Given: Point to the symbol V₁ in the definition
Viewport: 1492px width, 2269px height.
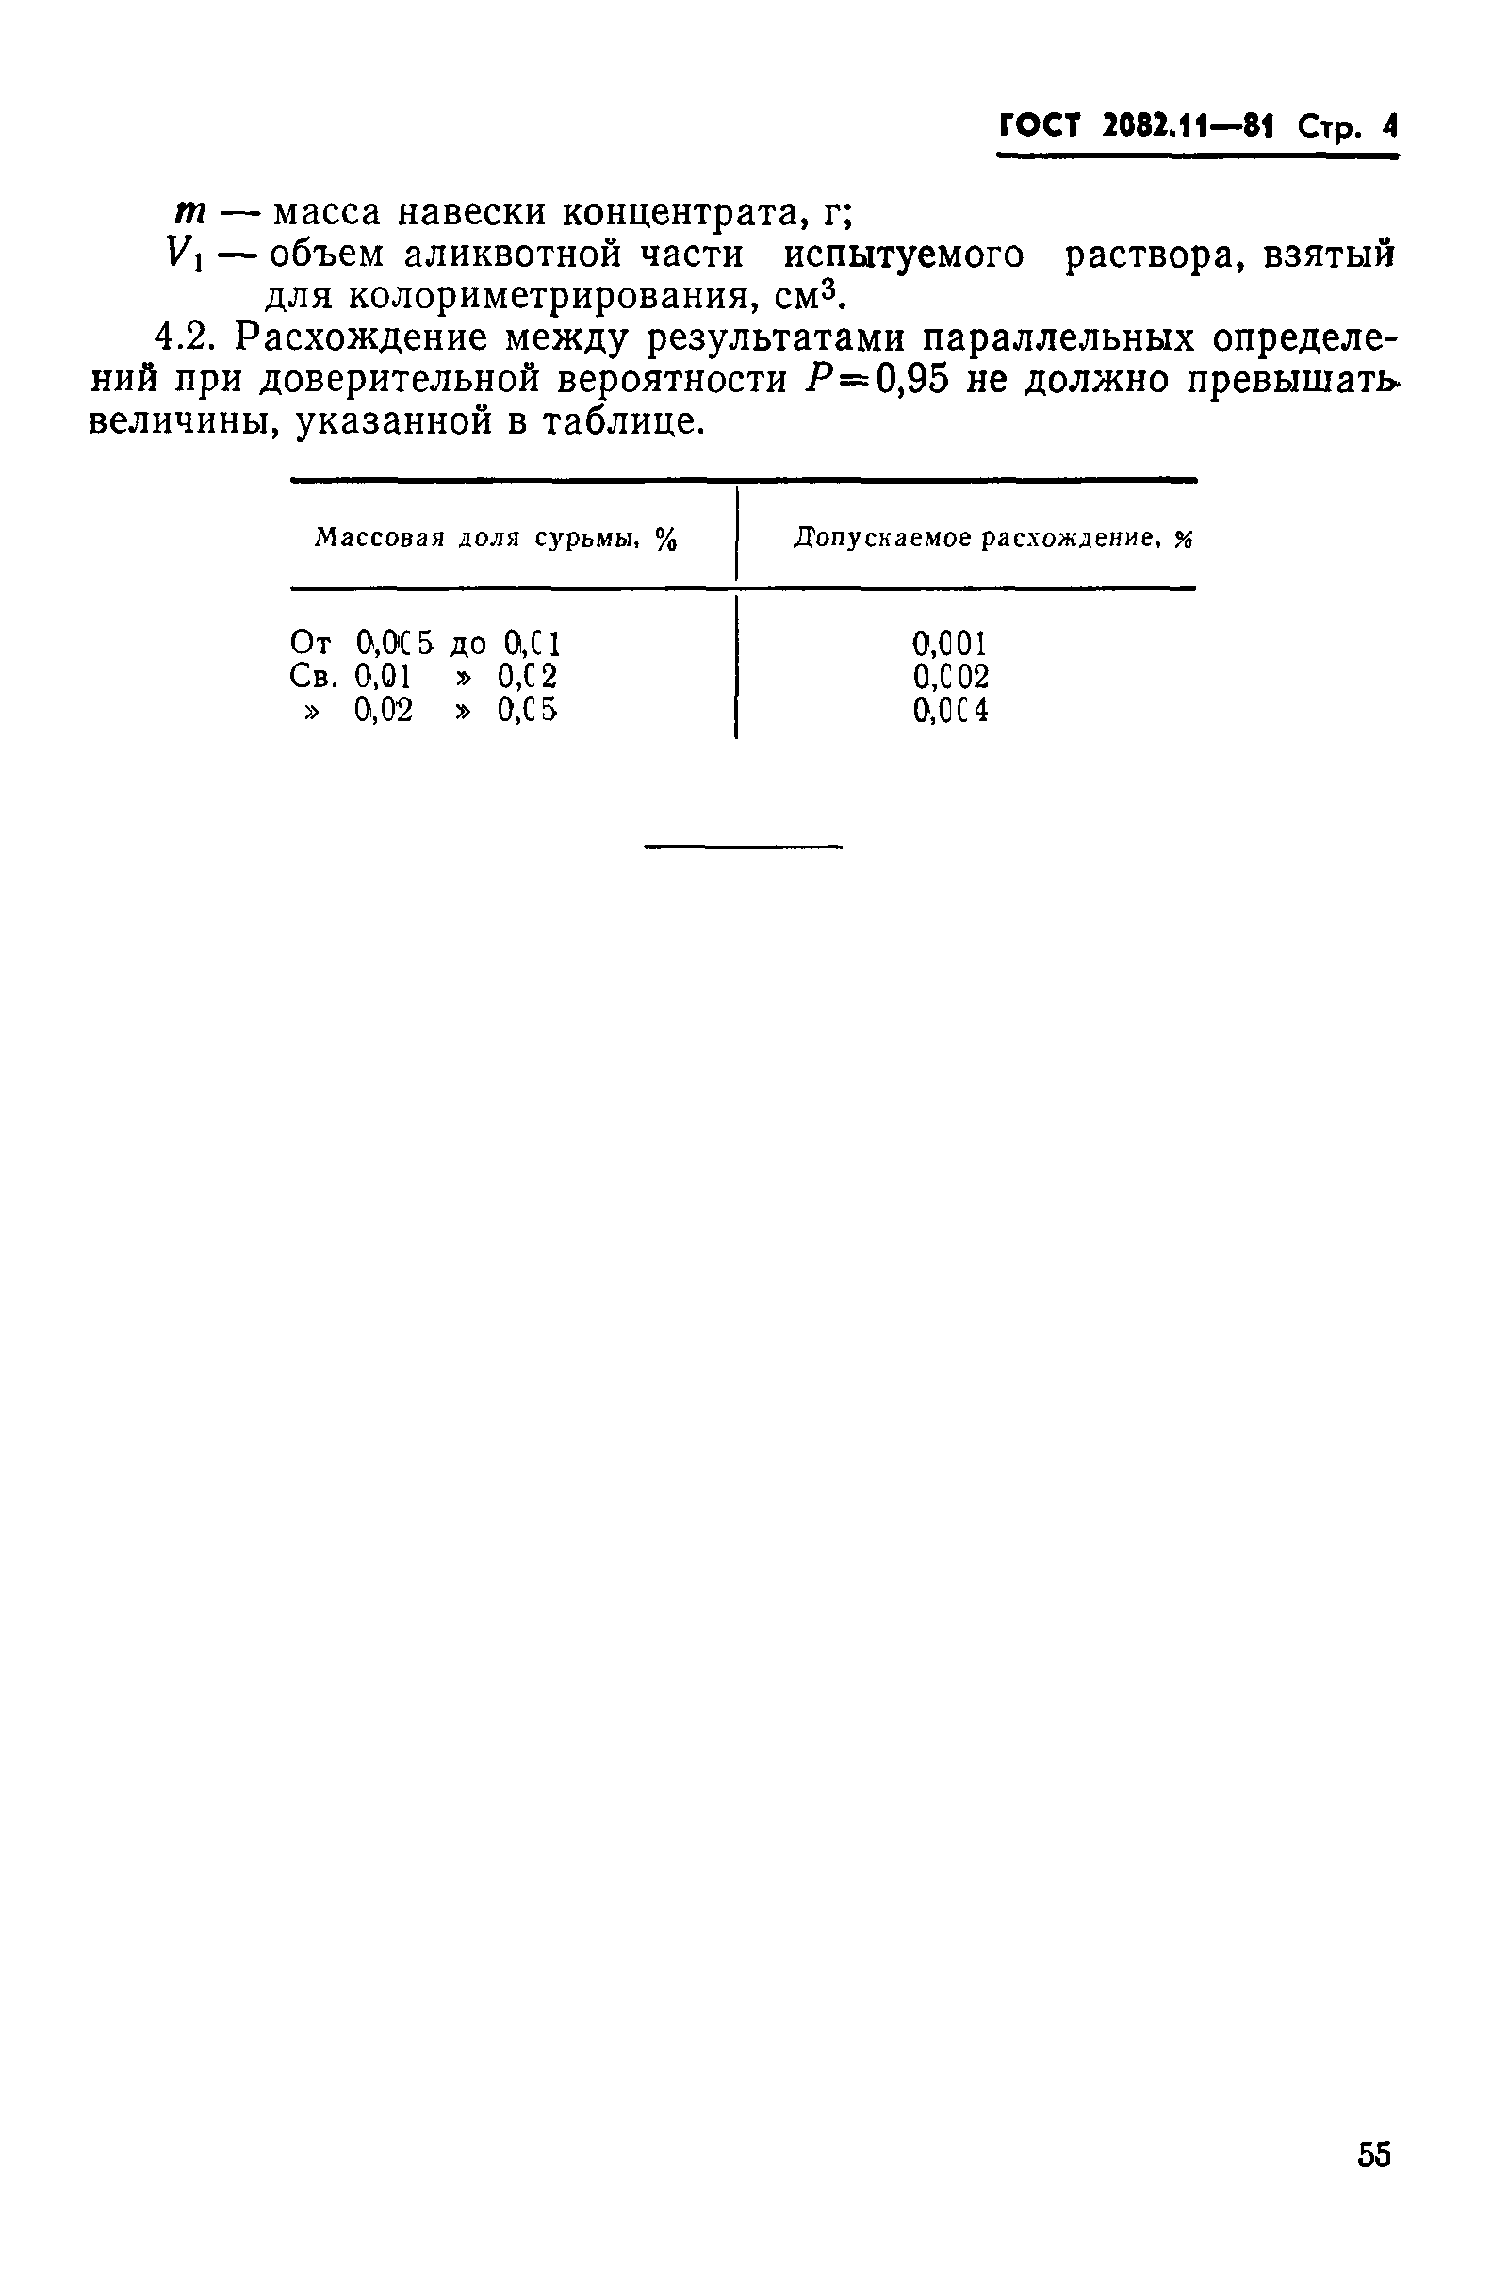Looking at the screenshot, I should coord(185,255).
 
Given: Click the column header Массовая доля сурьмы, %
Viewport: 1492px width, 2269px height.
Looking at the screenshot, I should coord(496,539).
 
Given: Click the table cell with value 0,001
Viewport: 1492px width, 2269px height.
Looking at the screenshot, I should coord(949,644).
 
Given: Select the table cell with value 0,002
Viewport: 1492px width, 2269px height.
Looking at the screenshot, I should coord(950,677).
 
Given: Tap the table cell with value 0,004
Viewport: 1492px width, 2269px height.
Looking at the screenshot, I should coord(950,710).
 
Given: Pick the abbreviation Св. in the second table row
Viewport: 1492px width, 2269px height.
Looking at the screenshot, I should coord(314,677).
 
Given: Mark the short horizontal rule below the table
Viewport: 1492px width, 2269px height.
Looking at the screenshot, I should coord(744,846).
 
